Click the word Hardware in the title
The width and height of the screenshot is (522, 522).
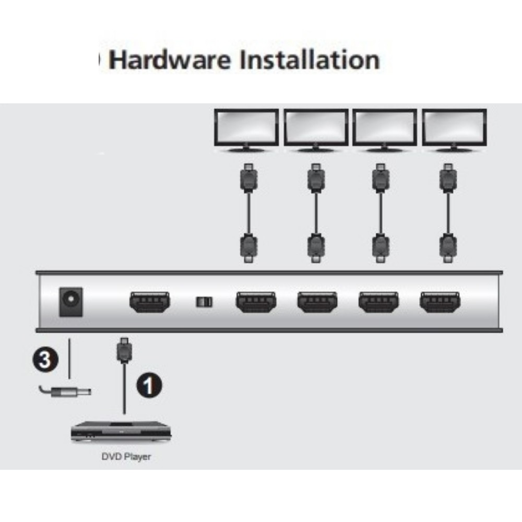(171, 61)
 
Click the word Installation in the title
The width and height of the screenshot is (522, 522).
(309, 61)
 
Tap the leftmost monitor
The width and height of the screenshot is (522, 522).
(247, 129)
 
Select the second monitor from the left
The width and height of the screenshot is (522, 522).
(316, 129)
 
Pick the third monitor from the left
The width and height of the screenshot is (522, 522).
(385, 129)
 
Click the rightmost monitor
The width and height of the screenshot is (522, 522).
(454, 129)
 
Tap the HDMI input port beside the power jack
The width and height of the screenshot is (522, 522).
(149, 302)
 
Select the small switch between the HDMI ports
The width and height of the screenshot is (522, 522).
(204, 302)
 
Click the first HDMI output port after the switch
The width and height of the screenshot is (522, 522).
(256, 302)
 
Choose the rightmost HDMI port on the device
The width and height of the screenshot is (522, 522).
(440, 302)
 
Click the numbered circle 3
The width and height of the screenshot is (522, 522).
(46, 360)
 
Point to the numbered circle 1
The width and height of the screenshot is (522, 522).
(149, 385)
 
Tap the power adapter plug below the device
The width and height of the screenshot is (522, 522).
(65, 391)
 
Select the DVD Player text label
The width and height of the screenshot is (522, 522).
(126, 457)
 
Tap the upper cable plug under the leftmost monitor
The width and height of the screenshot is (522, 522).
(249, 177)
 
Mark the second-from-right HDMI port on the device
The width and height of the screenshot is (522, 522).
(378, 302)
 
